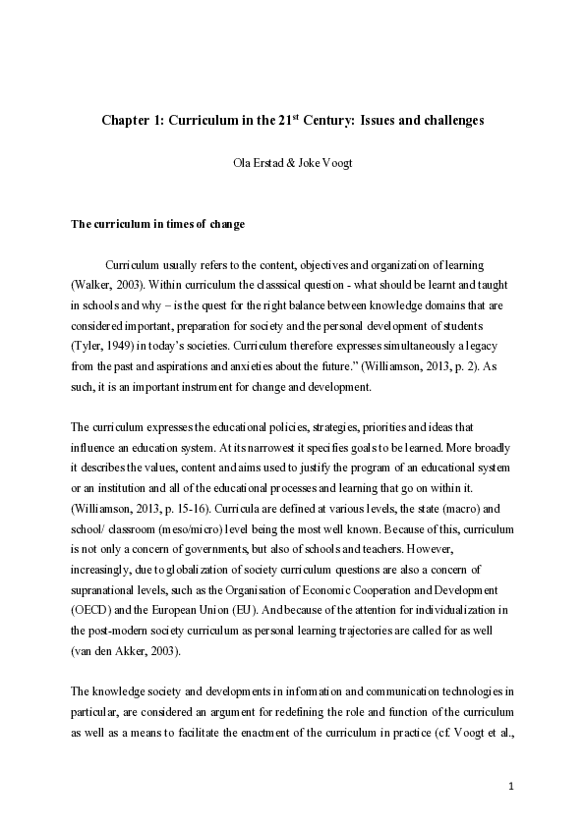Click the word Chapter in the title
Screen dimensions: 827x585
click(x=126, y=122)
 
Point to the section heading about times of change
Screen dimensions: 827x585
click(x=157, y=224)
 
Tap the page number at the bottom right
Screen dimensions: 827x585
click(x=512, y=786)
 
